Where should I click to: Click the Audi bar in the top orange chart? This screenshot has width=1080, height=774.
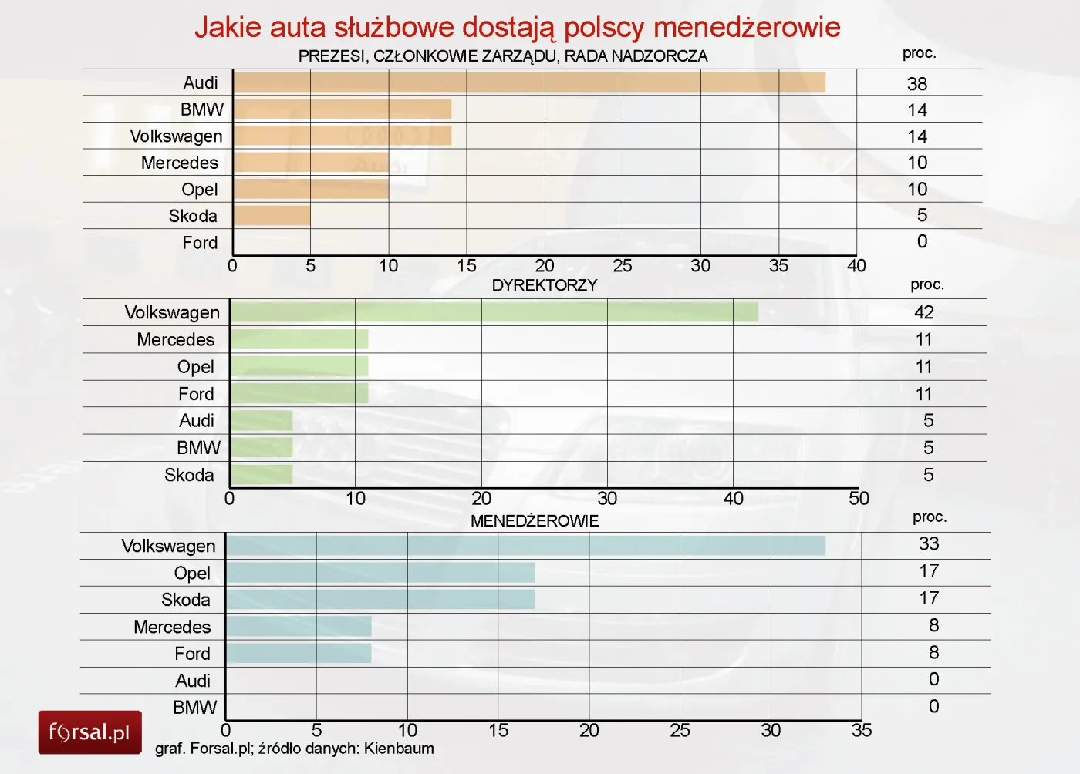pos(529,82)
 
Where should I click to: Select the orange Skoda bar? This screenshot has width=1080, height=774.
pos(272,216)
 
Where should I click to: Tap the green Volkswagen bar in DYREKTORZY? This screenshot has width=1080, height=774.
pos(494,312)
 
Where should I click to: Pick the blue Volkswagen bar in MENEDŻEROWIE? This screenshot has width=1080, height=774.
pos(525,546)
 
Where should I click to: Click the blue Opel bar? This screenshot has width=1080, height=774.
pos(380,573)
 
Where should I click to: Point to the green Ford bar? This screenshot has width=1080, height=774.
pos(299,394)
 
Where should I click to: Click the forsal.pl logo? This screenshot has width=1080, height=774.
pos(89,732)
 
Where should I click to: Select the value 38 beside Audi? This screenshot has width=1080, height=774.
pos(917,84)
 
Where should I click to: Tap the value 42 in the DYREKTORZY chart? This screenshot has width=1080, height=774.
pos(924,312)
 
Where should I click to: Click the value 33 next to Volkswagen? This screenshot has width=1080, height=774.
pos(929,544)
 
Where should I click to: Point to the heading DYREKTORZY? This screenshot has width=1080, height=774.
pos(545,285)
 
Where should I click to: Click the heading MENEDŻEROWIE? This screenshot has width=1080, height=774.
pos(535,521)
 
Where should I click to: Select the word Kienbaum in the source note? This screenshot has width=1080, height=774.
pos(399,749)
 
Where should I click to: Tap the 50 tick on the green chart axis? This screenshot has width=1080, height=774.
pos(859,499)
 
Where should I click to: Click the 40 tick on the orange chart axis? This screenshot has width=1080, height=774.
pos(856,266)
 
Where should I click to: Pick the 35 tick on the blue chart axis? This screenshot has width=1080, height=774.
pos(862,731)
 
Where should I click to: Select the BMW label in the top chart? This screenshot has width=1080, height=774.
pos(202,109)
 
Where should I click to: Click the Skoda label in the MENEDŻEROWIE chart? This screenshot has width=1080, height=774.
pos(186,600)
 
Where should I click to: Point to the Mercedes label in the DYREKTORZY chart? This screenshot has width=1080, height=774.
pos(176,340)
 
